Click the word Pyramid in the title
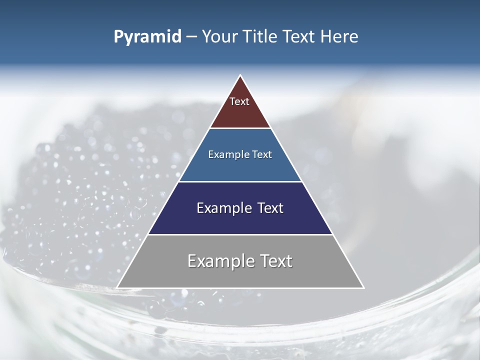coord(147,37)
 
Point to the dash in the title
coord(191,37)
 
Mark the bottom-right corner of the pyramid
coord(363,287)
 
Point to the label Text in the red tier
coord(239,101)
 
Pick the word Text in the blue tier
coord(262,154)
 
